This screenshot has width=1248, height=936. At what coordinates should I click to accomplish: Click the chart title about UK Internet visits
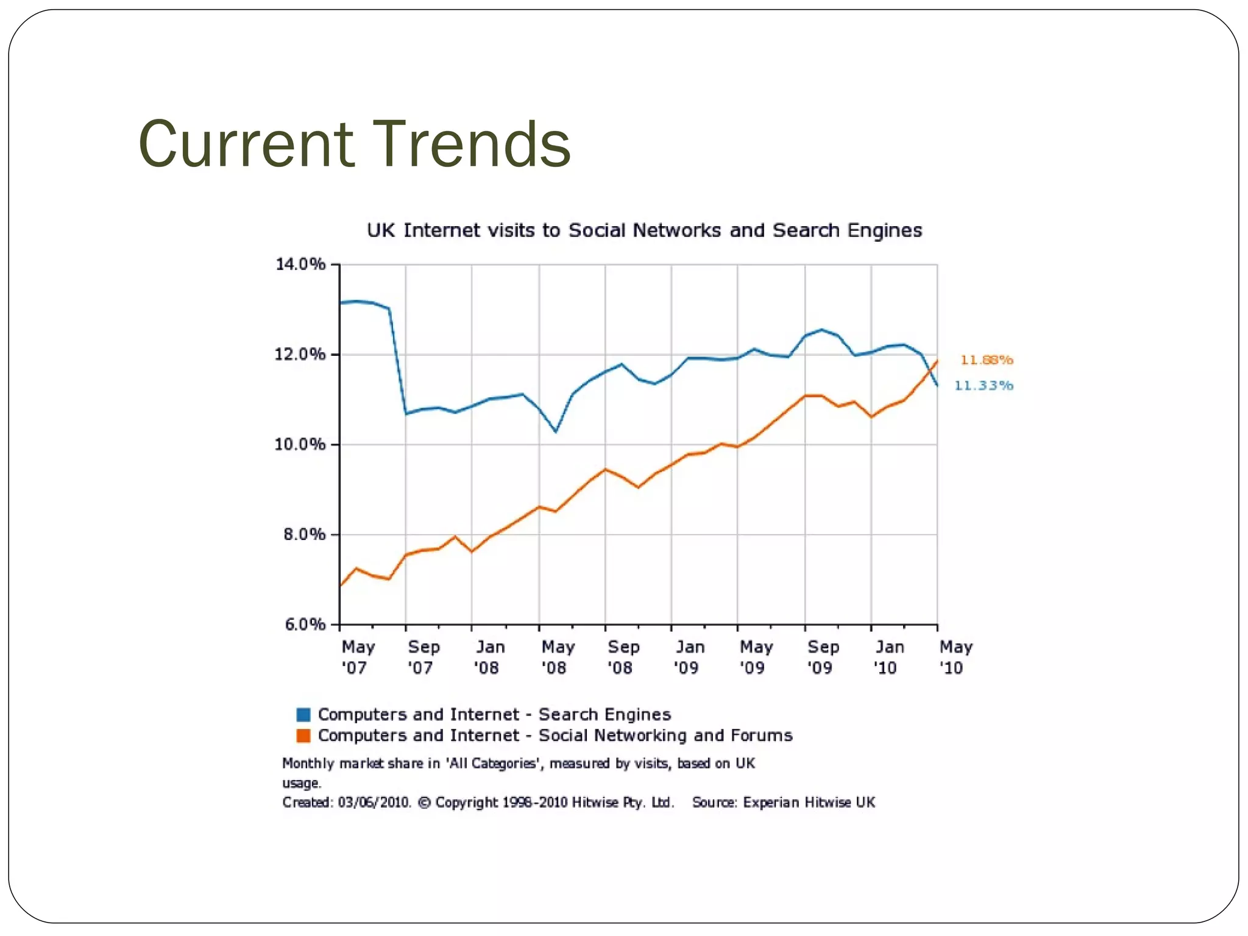tap(644, 230)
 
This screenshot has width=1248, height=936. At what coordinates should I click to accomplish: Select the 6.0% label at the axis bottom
tap(304, 625)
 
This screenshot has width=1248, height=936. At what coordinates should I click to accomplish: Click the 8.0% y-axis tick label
tap(304, 534)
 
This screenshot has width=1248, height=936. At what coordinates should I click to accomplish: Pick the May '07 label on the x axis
tap(357, 657)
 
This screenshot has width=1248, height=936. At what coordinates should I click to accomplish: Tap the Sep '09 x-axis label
tap(823, 657)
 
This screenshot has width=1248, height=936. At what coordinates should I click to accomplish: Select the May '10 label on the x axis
tap(955, 657)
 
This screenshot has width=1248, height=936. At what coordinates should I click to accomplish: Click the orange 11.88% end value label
tap(987, 360)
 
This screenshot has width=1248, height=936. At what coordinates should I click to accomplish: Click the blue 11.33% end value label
tap(983, 385)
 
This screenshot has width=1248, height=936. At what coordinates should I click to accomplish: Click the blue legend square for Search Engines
tap(303, 714)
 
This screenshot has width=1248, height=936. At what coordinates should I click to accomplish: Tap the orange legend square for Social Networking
tap(303, 736)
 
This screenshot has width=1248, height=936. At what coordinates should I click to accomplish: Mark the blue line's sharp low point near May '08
tap(556, 431)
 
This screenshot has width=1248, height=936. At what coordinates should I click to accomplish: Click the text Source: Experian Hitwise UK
tap(783, 803)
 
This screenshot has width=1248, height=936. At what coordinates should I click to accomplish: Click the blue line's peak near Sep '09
tap(821, 330)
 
